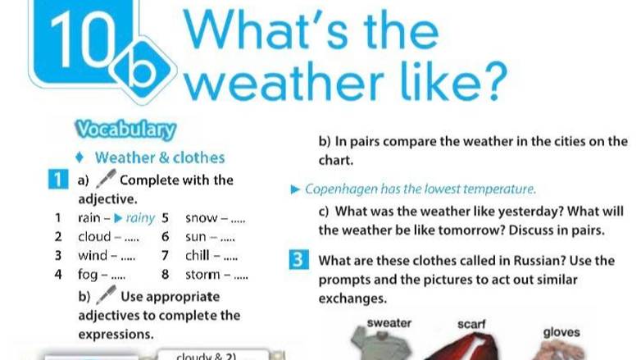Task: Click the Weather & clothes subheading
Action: point(160,157)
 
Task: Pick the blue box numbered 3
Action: point(299,262)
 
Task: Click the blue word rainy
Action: point(140,218)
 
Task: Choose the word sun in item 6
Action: point(197,237)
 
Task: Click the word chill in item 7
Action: point(198,255)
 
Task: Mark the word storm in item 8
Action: point(203,274)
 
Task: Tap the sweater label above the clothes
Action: point(389,322)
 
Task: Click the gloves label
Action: point(561,332)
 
